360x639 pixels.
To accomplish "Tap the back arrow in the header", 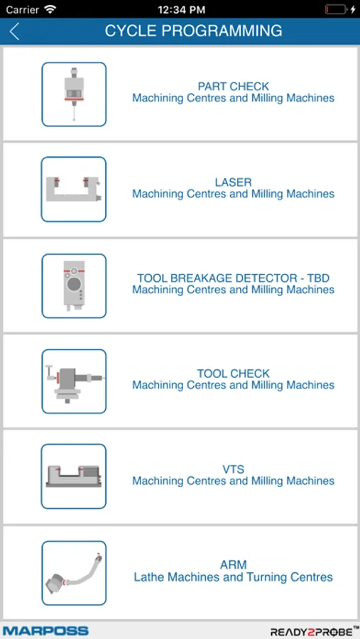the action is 14,31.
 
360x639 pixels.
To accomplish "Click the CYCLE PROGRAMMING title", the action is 193,31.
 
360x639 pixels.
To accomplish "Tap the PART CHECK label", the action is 233,87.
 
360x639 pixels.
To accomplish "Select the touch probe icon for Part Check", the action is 74,94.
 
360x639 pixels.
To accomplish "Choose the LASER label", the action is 233,182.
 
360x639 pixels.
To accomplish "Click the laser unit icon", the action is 73,190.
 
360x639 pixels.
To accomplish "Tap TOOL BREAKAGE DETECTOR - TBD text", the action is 233,278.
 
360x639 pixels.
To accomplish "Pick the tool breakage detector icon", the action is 74,285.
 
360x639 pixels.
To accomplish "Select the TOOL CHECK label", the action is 233,373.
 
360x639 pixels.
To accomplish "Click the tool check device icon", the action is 74,381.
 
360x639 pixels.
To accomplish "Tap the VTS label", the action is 233,469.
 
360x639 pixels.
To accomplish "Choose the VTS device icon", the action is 73,476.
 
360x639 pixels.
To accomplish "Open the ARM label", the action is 233,565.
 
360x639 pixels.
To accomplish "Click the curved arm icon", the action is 74,573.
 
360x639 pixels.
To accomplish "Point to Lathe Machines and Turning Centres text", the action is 233,577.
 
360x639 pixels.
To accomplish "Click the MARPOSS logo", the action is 45,631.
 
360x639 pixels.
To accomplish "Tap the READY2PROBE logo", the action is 314,632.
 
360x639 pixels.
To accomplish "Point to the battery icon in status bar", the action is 337,9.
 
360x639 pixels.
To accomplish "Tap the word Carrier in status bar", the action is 23,9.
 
